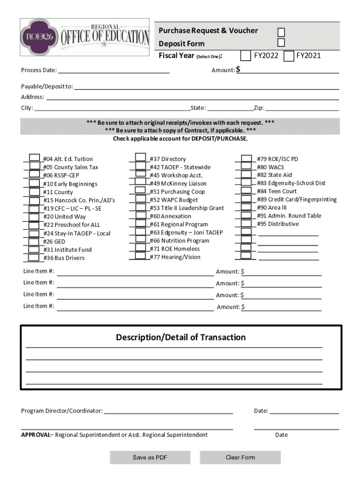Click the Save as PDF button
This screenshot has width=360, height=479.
pyautogui.click(x=150, y=457)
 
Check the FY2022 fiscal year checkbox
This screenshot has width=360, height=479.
pyautogui.click(x=245, y=56)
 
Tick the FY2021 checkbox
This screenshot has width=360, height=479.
pyautogui.click(x=289, y=56)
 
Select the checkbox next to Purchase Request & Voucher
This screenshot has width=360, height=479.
pyautogui.click(x=281, y=32)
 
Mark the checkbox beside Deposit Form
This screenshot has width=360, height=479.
pyautogui.click(x=281, y=43)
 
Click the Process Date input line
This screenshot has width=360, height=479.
pyautogui.click(x=114, y=70)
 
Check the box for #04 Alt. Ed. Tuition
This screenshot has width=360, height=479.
pyautogui.click(x=34, y=158)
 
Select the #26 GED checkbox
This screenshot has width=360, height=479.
pyautogui.click(x=34, y=241)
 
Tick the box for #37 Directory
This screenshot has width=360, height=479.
pyautogui.click(x=140, y=158)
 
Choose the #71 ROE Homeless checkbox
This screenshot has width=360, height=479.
pyautogui.click(x=140, y=248)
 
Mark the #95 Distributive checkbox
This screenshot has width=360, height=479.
pyautogui.click(x=246, y=224)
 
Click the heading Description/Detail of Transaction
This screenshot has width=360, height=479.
pyautogui.click(x=180, y=337)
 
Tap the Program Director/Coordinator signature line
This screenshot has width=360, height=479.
pyautogui.click(x=168, y=411)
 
